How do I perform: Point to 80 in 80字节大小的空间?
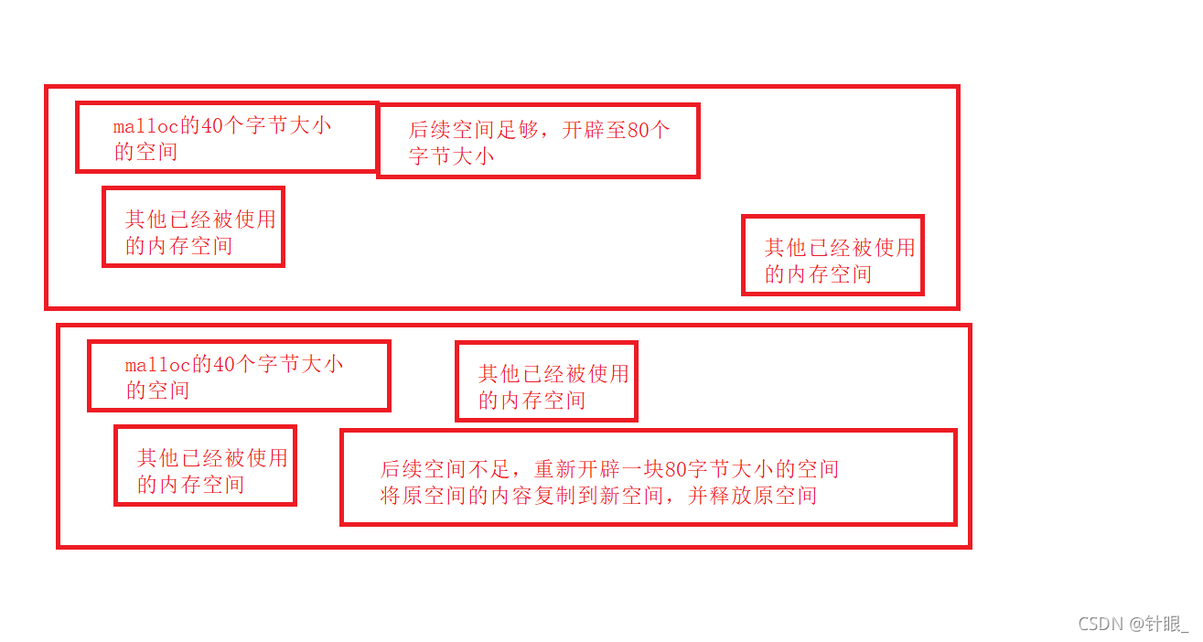[x=676, y=470]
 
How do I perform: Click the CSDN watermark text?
[x=1100, y=624]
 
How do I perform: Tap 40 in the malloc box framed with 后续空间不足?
[x=224, y=365]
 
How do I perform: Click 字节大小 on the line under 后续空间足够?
[x=451, y=156]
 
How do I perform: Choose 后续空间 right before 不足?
[x=425, y=470]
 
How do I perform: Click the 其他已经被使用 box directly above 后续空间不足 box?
[x=546, y=381]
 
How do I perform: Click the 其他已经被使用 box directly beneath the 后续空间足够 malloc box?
[x=193, y=227]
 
